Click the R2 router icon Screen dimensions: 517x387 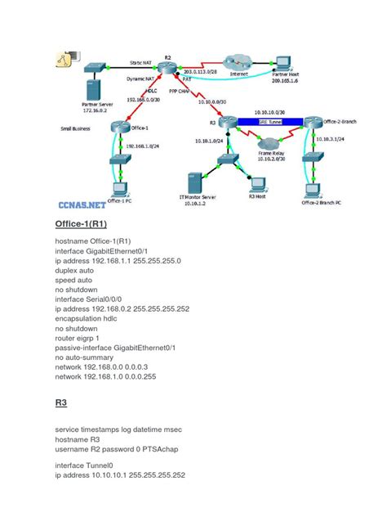tap(168, 69)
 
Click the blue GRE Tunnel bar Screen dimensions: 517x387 tap(260, 122)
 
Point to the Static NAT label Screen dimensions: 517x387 tap(144, 61)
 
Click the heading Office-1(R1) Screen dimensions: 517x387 tap(82, 224)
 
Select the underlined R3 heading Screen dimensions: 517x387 tap(61, 402)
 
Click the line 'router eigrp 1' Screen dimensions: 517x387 tap(82, 335)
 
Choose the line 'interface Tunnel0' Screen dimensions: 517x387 tap(87, 463)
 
